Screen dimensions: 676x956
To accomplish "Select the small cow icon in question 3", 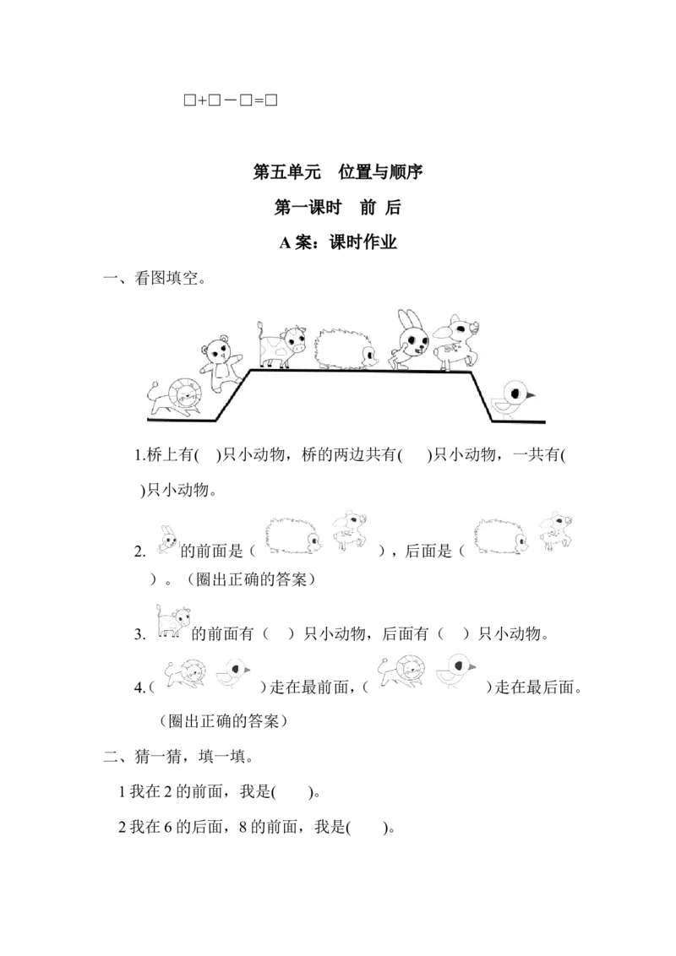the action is pos(172,622).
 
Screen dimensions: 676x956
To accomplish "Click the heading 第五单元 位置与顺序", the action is pos(338,172).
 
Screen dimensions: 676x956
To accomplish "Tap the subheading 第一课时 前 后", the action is pos(337,207).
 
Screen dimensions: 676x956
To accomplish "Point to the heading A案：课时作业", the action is pos(338,242).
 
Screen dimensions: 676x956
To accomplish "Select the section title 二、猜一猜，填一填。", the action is pos(178,757).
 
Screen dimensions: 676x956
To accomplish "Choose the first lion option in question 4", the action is pos(185,674).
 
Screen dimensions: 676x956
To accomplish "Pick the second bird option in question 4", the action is pos(455,670).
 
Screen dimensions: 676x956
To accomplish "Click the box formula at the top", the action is pos(231,100).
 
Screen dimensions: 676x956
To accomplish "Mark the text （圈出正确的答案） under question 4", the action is pos(223,722).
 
